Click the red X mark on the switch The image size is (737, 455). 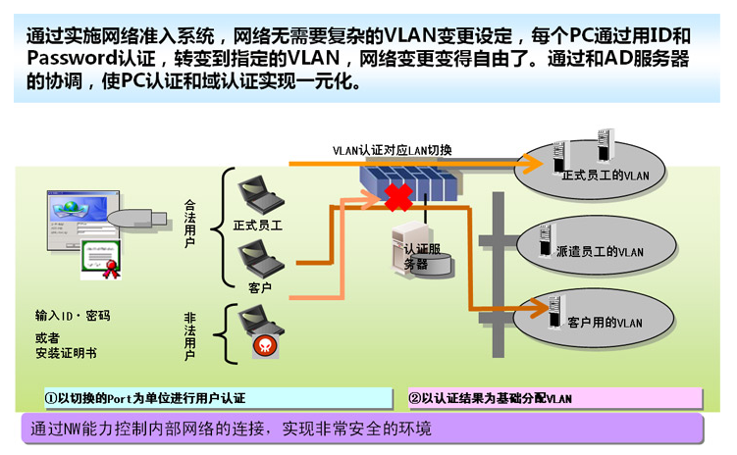click(x=397, y=197)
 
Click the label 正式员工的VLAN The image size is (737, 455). click(x=606, y=175)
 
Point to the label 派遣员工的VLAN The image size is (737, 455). click(x=600, y=251)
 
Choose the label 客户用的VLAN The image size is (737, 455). click(x=605, y=323)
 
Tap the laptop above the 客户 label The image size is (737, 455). click(x=260, y=260)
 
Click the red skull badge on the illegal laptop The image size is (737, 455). click(x=263, y=344)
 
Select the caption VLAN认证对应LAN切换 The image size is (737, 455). click(x=393, y=150)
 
